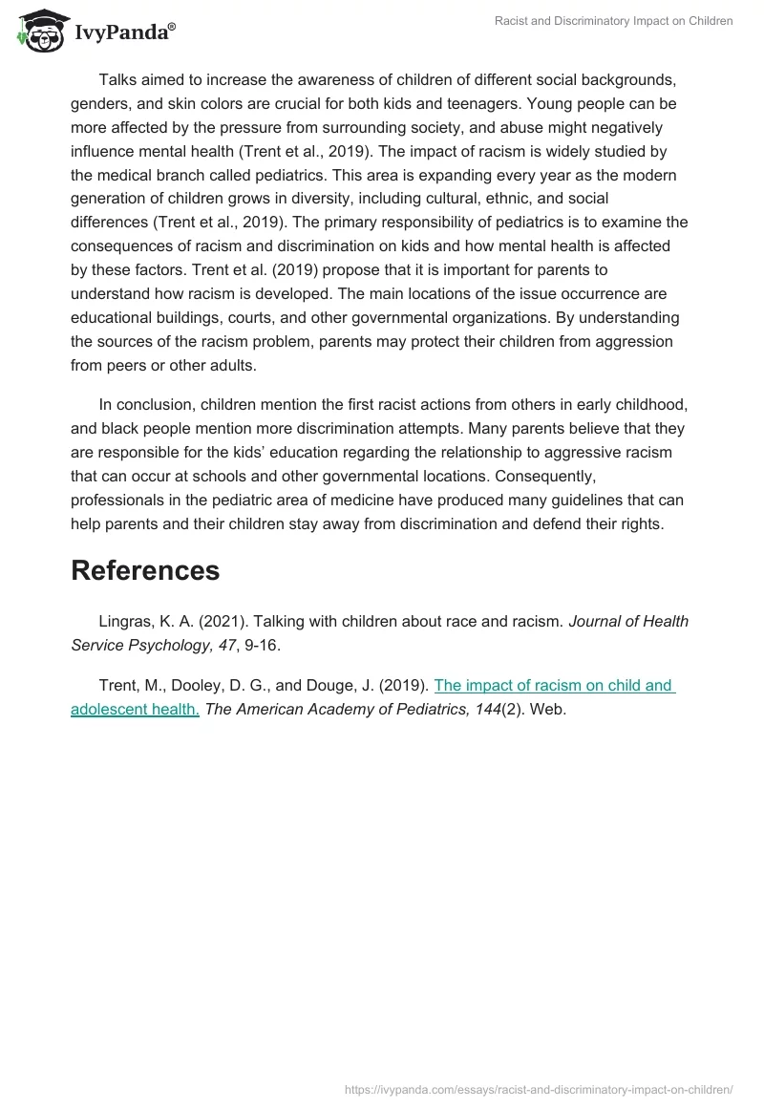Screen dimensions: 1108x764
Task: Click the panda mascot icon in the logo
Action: [36, 31]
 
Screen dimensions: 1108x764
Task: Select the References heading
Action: [145, 570]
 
